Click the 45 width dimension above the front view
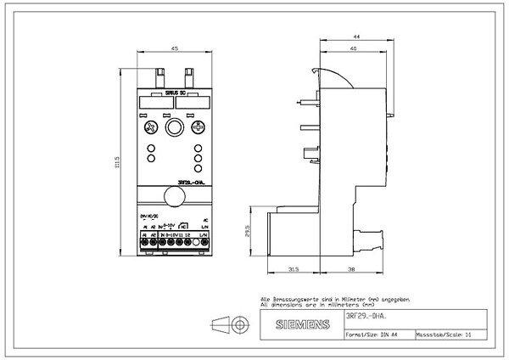click(174, 49)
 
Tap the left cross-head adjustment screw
click(151, 127)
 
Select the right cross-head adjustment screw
click(197, 127)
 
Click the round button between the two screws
click(175, 127)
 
